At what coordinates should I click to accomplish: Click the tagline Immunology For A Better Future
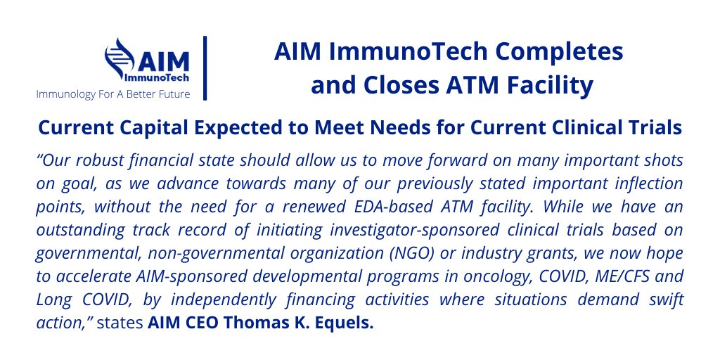click(x=113, y=94)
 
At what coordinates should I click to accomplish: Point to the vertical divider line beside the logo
click(x=205, y=67)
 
